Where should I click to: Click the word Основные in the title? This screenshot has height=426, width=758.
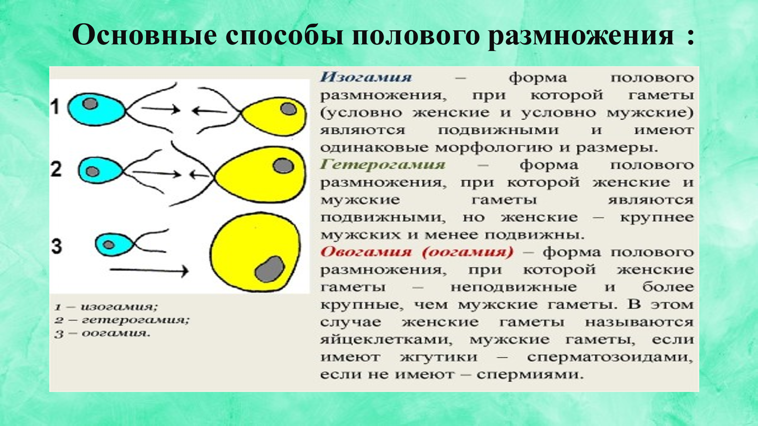coord(145,35)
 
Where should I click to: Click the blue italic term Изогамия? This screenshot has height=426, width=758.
coord(366,77)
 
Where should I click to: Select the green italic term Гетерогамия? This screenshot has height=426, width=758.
coord(383,165)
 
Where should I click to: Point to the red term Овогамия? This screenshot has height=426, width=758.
coord(366,252)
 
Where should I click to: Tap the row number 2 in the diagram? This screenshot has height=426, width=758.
coord(56,169)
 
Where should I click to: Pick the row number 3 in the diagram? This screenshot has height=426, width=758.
coord(57,246)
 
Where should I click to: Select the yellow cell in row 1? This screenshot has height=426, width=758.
coord(273,116)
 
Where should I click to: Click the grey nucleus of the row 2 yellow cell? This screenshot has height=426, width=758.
coord(283,166)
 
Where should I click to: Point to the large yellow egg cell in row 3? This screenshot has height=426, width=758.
coord(255,252)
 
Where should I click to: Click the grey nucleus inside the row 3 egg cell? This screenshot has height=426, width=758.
coord(270,269)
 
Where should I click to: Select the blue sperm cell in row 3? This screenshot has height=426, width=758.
coord(114,245)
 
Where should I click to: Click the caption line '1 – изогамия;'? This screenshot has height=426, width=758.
coord(106,307)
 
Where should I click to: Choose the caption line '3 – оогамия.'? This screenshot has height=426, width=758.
coord(102,334)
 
